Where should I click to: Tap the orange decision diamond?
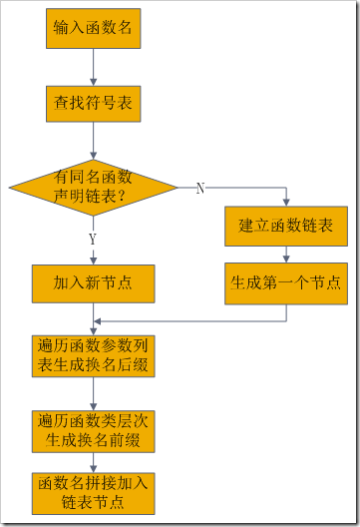click(x=93, y=187)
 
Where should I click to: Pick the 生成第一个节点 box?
click(x=286, y=282)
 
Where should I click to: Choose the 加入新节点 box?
click(x=93, y=282)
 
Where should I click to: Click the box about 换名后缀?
click(x=93, y=355)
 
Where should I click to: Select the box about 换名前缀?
click(x=93, y=425)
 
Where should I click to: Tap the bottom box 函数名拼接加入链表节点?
click(x=93, y=492)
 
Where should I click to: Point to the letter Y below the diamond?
click(x=93, y=240)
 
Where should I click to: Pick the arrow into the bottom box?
click(x=93, y=459)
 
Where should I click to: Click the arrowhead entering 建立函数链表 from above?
click(x=286, y=204)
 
